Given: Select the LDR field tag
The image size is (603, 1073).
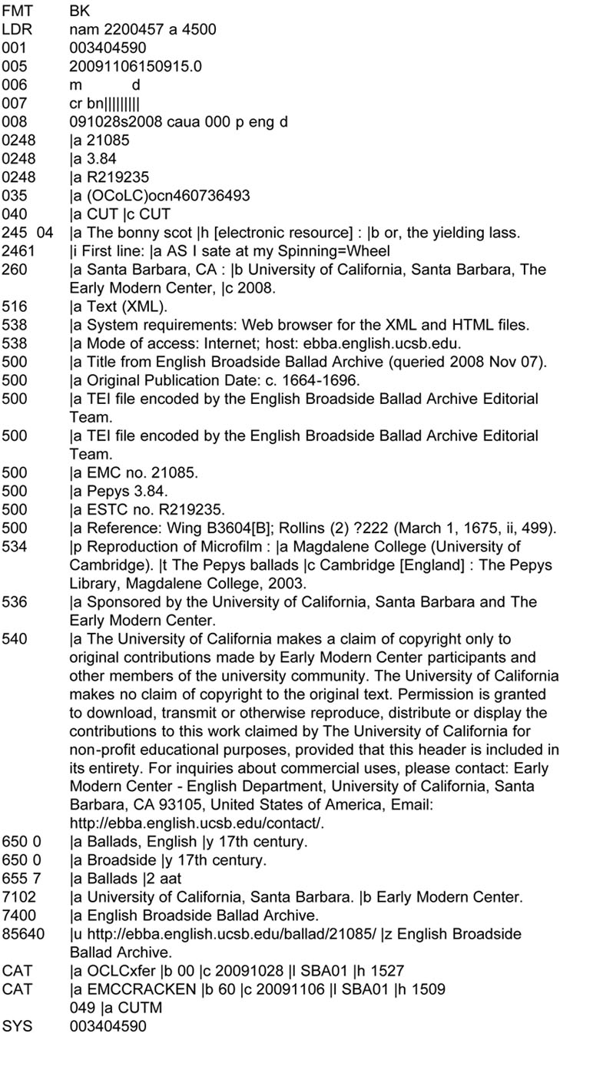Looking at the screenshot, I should [15, 30].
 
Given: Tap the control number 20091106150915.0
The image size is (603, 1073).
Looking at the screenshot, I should [135, 67].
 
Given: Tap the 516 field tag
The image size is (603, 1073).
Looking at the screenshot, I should [15, 306].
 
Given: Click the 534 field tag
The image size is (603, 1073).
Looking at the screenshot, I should [15, 546].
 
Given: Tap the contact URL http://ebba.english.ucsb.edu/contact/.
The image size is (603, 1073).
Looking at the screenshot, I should [197, 823].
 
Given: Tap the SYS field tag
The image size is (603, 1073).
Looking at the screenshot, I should [17, 1026].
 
